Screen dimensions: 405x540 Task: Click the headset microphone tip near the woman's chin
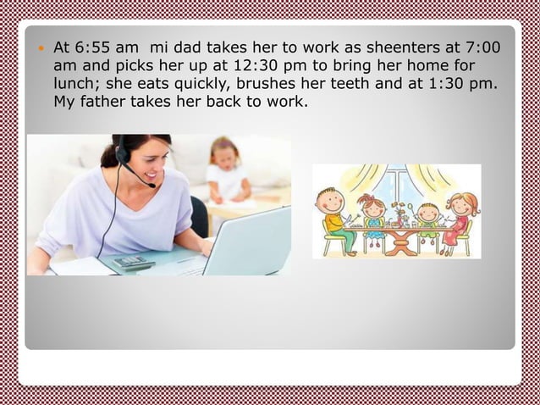click(152, 184)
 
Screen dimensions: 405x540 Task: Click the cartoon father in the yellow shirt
click(333, 215)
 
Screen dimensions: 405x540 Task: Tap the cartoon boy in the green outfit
click(428, 222)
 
